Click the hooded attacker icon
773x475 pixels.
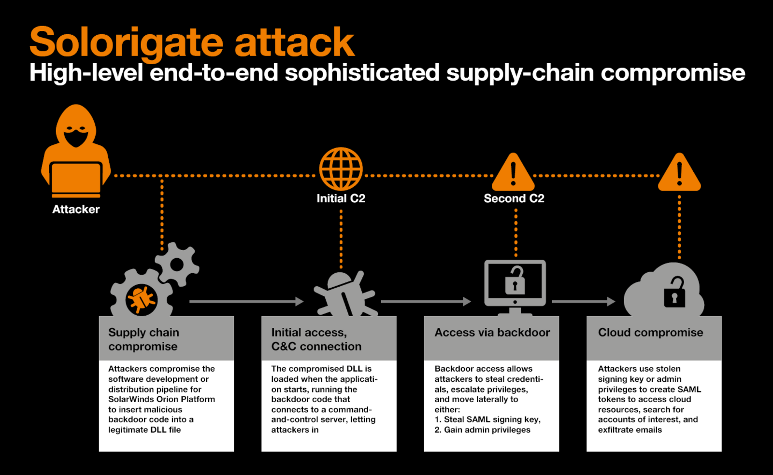coord(76,151)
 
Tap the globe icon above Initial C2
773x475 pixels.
coord(341,169)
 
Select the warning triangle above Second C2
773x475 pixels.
coord(513,172)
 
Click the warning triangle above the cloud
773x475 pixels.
coord(679,172)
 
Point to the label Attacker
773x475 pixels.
coord(76,209)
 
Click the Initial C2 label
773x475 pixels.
coord(341,198)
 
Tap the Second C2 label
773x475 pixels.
coord(514,198)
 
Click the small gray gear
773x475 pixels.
coord(177,265)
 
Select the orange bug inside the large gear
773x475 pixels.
coord(142,300)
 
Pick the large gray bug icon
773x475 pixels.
coord(345,293)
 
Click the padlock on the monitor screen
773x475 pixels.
coord(515,280)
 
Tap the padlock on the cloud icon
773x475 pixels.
coord(674,292)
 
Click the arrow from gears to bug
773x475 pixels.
coord(246,302)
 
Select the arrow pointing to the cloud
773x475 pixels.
coord(584,302)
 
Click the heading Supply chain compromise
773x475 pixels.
coord(143,339)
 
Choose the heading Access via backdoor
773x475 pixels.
coord(492,332)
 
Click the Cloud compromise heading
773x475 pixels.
coord(650,333)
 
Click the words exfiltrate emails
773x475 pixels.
coord(630,430)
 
